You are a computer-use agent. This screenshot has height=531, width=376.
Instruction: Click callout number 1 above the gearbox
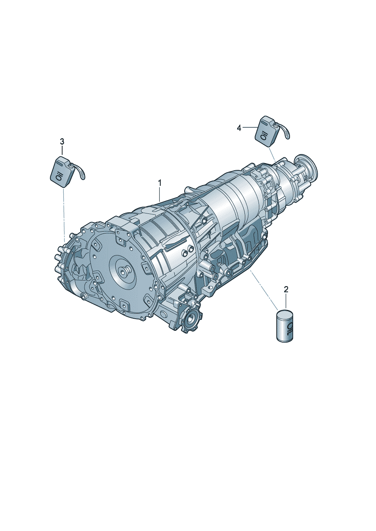[160, 183]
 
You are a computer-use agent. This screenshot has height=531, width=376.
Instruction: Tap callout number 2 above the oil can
[286, 289]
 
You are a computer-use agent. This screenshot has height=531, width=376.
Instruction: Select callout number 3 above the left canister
[62, 142]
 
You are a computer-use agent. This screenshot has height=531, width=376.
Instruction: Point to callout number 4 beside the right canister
[239, 128]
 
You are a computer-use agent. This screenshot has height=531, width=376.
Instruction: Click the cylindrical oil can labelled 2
[285, 326]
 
